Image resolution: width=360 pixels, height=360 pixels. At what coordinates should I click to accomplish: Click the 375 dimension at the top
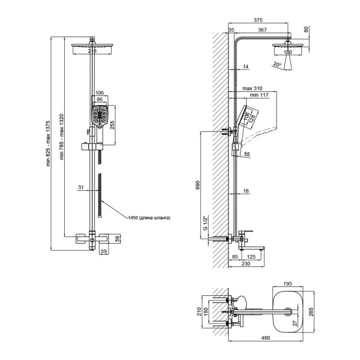coord(258,20)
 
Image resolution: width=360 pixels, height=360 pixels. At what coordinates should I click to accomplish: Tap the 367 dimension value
coord(262,30)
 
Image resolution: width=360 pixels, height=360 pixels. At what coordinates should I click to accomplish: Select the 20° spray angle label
coord(277,65)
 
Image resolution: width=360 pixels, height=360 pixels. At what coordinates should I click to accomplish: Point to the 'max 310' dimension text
coord(253,88)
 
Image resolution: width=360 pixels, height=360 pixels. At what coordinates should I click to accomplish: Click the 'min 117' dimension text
coord(259,95)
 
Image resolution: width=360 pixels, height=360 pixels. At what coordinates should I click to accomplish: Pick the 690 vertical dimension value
coord(198,185)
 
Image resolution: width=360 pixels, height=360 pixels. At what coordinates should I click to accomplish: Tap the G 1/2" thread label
coord(205,223)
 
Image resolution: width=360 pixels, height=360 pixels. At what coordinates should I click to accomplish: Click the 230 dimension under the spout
coord(246,263)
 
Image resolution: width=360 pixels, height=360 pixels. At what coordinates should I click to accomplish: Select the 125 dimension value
coord(251,257)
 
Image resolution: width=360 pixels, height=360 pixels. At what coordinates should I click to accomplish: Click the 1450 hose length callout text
coord(149,218)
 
